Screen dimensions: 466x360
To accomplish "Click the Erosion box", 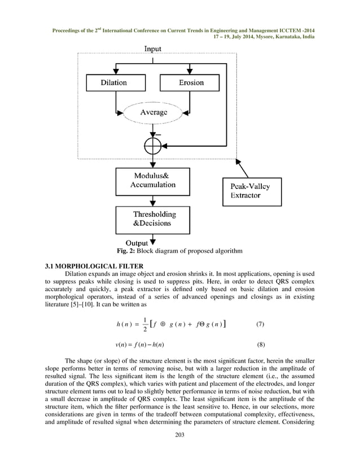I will (x=190, y=83).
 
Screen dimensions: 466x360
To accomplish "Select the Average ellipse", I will (x=153, y=113).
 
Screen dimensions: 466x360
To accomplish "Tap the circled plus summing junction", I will (x=153, y=146).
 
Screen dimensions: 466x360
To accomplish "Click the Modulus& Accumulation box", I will (x=153, y=181).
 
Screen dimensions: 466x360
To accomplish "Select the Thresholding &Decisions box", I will (x=153, y=219).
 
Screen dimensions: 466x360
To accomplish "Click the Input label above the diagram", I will (x=152, y=49).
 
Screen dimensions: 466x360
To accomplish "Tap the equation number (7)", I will (x=260, y=324).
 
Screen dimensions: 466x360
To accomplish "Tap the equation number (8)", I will (x=260, y=343).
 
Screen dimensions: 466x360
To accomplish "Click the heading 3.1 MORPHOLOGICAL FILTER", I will (x=93, y=265).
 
